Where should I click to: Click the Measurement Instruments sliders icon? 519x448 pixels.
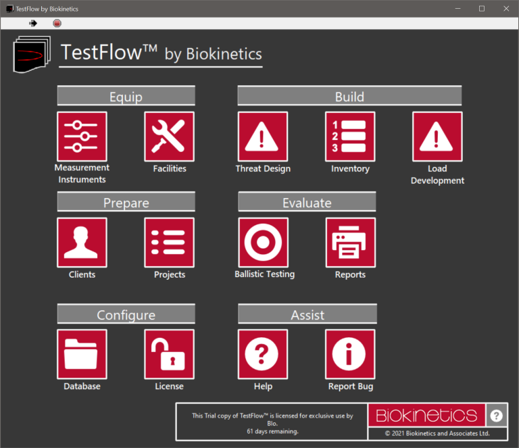point(82,136)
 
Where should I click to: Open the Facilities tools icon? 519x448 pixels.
point(169,136)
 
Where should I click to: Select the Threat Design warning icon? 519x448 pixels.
point(263,136)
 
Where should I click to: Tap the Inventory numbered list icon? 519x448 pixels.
point(350,136)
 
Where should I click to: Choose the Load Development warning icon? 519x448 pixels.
point(437,136)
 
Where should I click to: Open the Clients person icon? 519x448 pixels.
point(82,243)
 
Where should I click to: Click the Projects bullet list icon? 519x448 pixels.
point(169,243)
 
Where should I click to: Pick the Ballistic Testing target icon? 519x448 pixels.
point(263,243)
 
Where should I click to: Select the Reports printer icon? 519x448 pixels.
point(350,243)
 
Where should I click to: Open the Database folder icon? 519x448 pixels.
point(82,354)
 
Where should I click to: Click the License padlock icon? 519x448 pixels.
point(169,354)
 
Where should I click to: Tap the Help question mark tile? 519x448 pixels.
point(263,354)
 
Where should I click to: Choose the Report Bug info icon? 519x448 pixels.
point(350,354)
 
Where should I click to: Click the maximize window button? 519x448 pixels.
point(481,9)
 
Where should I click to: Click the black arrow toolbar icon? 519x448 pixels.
point(33,23)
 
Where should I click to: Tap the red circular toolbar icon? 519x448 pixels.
point(57,23)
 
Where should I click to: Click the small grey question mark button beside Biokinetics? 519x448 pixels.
point(496,416)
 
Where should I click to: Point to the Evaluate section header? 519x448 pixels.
point(307,202)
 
